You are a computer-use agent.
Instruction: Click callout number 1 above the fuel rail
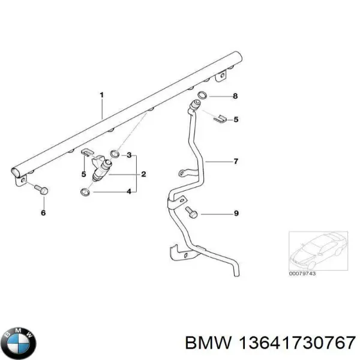coord(102,95)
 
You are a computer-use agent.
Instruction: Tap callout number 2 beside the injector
coord(143,174)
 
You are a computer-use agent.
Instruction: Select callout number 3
coord(128,155)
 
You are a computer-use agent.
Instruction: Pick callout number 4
coord(128,192)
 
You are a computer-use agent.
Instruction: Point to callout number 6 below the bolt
coord(43,212)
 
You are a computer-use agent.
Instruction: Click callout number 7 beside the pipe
coord(236,161)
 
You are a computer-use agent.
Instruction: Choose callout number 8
coord(236,96)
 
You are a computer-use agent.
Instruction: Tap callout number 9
coord(236,213)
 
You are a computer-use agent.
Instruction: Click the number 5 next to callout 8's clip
coord(236,119)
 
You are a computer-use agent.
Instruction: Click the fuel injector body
coord(102,167)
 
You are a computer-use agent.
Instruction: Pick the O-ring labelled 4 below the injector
coord(86,193)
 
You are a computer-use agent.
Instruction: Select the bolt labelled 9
coord(190,212)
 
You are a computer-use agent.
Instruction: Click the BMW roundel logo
coord(19,343)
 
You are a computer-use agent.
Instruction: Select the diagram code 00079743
coord(303,273)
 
